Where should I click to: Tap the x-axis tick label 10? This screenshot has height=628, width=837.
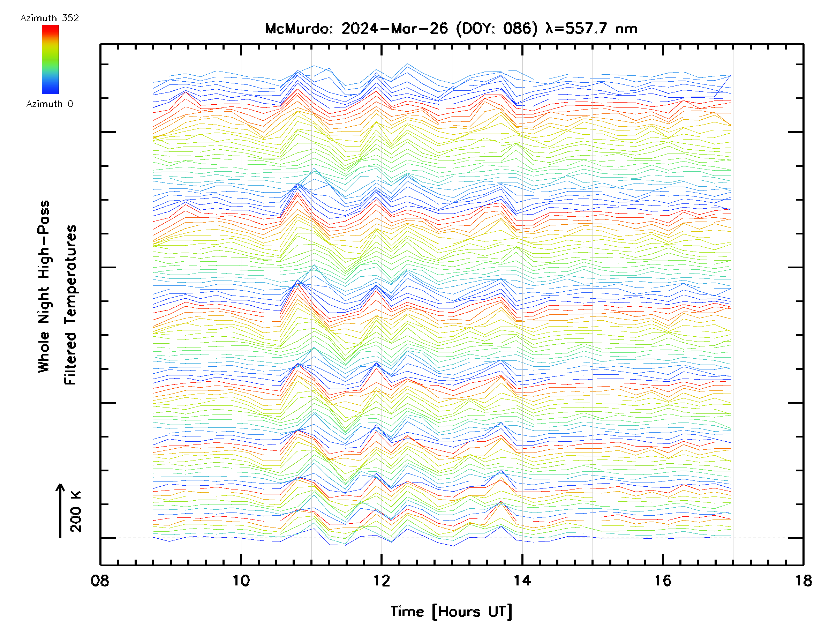[x=241, y=581]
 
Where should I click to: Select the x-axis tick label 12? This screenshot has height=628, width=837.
[x=382, y=581]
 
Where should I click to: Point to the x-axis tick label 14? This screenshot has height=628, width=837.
[x=522, y=581]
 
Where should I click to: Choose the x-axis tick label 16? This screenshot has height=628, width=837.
[x=663, y=581]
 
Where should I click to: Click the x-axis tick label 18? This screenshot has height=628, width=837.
[x=803, y=581]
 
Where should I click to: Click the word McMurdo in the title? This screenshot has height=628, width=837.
[x=299, y=29]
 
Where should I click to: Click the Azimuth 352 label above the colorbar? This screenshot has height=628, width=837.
[x=50, y=18]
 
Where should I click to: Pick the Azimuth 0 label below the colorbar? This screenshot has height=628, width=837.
[x=50, y=104]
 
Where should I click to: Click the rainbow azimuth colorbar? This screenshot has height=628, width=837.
[x=50, y=59]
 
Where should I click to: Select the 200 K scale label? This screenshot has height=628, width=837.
[x=76, y=511]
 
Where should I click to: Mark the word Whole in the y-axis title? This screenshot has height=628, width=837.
[x=44, y=352]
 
